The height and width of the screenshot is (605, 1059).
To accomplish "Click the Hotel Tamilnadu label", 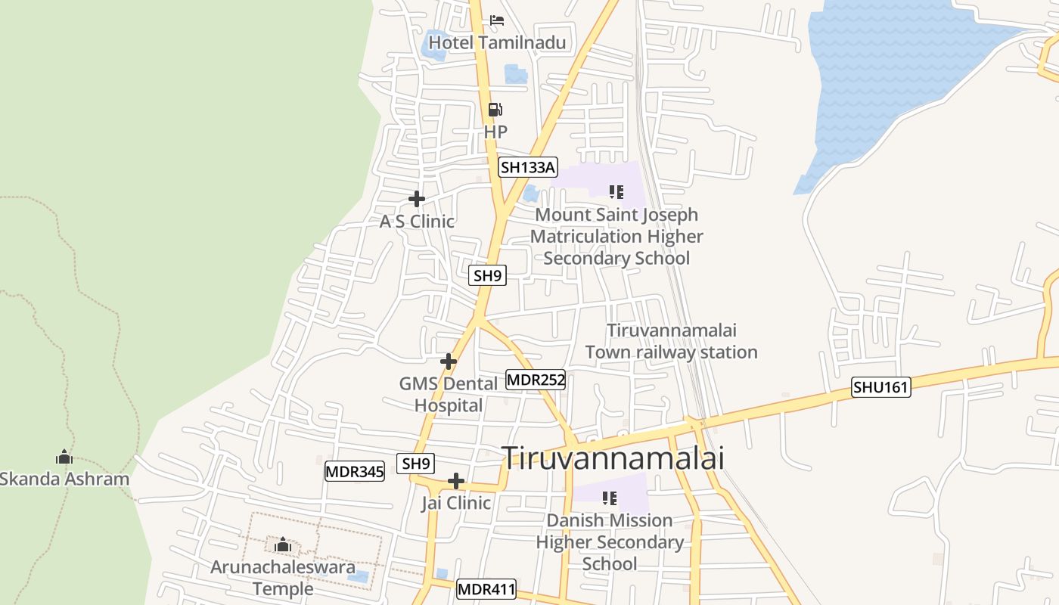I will pyautogui.click(x=497, y=42).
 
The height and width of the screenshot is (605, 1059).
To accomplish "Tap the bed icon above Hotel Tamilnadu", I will pyautogui.click(x=497, y=20).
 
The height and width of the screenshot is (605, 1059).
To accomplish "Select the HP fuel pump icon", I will pyautogui.click(x=495, y=110).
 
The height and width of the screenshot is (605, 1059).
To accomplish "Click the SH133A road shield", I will pyautogui.click(x=527, y=167).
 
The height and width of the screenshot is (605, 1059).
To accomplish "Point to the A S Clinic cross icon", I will pyautogui.click(x=417, y=199).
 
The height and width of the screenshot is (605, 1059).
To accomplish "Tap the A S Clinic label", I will pyautogui.click(x=417, y=222).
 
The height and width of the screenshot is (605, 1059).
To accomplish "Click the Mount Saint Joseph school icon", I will pyautogui.click(x=616, y=192).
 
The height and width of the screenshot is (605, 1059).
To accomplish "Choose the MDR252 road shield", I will pyautogui.click(x=536, y=380).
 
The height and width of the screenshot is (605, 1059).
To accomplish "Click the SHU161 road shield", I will pyautogui.click(x=881, y=387).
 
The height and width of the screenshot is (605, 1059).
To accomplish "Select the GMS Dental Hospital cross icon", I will pyautogui.click(x=449, y=361).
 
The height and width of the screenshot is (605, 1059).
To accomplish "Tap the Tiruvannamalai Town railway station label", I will pyautogui.click(x=671, y=341).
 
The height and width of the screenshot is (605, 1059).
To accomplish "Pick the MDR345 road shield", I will pyautogui.click(x=355, y=472).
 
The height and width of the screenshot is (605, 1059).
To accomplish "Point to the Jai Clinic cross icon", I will pyautogui.click(x=456, y=481).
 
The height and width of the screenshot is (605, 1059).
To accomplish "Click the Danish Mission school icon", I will pyautogui.click(x=610, y=498).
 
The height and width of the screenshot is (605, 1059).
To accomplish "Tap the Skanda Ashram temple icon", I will pyautogui.click(x=64, y=457).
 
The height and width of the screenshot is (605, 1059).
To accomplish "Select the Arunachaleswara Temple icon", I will pyautogui.click(x=283, y=544).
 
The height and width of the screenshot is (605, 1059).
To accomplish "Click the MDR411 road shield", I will pyautogui.click(x=486, y=589).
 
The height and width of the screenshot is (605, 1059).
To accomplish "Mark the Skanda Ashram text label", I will pyautogui.click(x=64, y=479).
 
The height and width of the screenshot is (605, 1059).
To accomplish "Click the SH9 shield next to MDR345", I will pyautogui.click(x=416, y=464).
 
